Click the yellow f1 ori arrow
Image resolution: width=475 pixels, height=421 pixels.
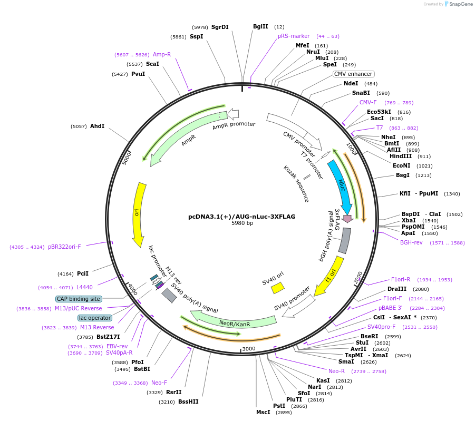coord(331,275)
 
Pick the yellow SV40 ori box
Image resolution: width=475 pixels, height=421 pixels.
coord(277,288)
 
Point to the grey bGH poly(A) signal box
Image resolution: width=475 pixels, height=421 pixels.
coord(344,240)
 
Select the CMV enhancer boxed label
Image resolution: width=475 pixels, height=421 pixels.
coord(353,74)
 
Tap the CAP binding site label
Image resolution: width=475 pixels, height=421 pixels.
coord(79,299)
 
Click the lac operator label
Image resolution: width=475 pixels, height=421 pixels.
coord(95,318)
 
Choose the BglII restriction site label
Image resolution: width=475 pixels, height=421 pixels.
coord(260,26)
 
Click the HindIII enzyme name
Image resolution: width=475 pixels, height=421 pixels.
coord(400,156)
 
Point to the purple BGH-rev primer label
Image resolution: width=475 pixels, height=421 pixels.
coord(411,242)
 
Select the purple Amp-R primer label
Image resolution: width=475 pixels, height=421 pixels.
coord(162,54)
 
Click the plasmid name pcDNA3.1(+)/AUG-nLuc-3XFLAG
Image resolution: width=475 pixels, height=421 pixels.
coord(242,217)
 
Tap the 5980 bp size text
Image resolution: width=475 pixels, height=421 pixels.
coord(242,223)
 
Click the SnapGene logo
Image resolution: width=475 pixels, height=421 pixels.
coord(457,4)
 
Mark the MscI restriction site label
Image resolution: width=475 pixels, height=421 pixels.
coord(263,412)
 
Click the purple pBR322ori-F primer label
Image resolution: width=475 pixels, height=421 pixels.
coord(64,247)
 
